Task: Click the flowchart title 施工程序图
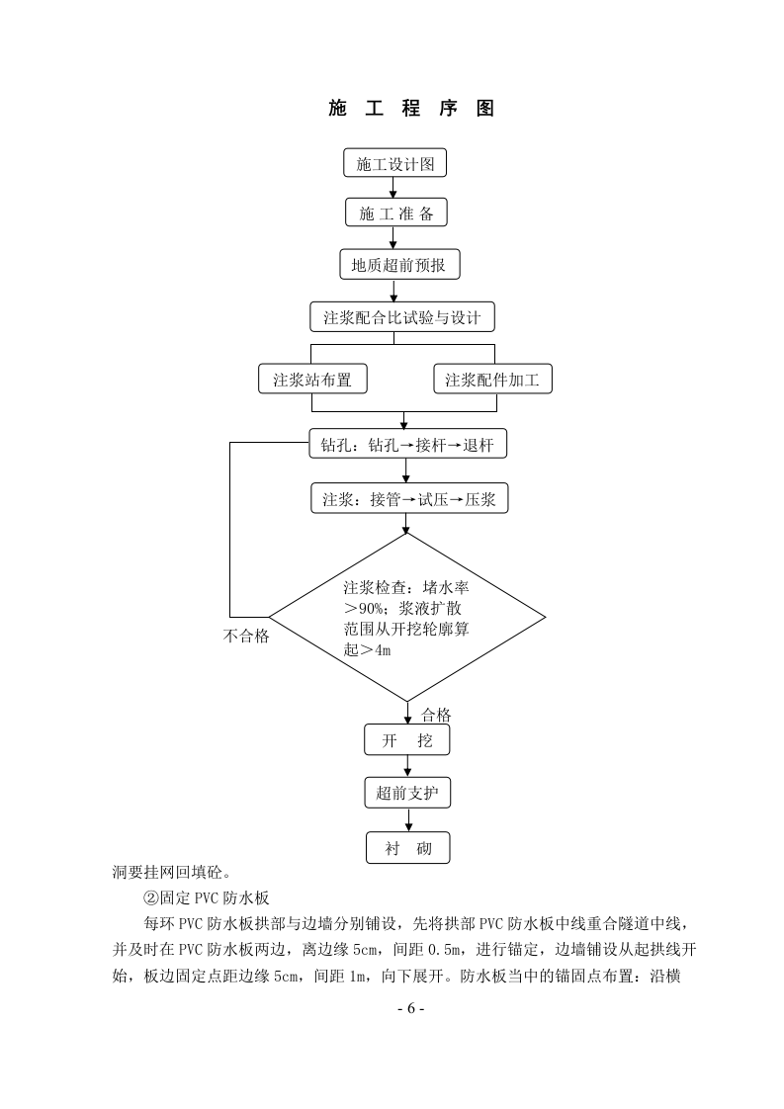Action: (x=410, y=109)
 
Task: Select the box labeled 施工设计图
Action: (x=395, y=163)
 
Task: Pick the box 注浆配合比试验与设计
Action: (x=401, y=317)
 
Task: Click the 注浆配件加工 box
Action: (x=492, y=380)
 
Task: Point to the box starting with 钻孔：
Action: (x=407, y=446)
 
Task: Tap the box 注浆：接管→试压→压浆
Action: (x=408, y=500)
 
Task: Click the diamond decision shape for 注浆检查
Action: (x=407, y=617)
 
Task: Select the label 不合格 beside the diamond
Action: (x=246, y=636)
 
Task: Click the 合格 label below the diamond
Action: (x=436, y=714)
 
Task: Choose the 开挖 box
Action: (x=406, y=740)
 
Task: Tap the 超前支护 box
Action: (x=407, y=793)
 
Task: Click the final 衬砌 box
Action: (x=407, y=848)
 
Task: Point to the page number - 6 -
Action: (x=409, y=1009)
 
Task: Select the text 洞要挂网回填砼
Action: (x=173, y=872)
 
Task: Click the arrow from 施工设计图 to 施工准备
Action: (x=394, y=188)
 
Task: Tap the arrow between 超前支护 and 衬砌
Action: (x=407, y=820)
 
